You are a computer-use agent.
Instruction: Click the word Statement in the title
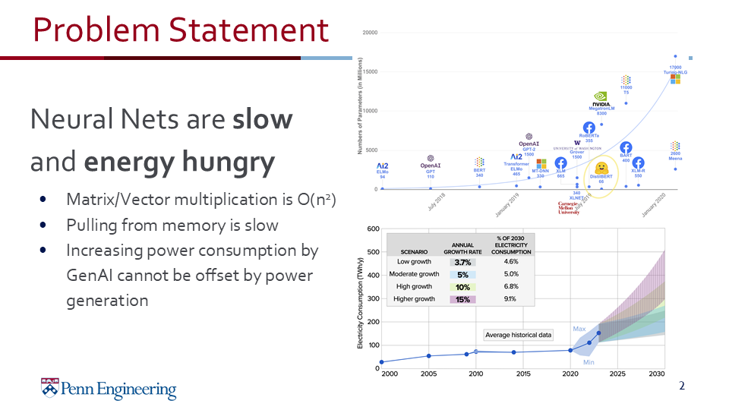248,30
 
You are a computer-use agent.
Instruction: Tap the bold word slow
263,119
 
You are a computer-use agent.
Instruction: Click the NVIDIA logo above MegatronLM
601,97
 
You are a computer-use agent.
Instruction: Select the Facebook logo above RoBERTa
589,128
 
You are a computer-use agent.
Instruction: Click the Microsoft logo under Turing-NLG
675,80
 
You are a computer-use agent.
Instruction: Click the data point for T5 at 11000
626,103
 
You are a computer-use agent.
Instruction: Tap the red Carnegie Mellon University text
569,208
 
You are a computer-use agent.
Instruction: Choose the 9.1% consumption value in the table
511,299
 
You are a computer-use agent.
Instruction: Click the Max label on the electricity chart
579,329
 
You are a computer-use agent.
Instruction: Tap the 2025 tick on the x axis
617,374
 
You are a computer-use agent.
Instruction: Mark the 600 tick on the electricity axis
373,229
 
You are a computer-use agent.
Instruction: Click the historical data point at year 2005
429,356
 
